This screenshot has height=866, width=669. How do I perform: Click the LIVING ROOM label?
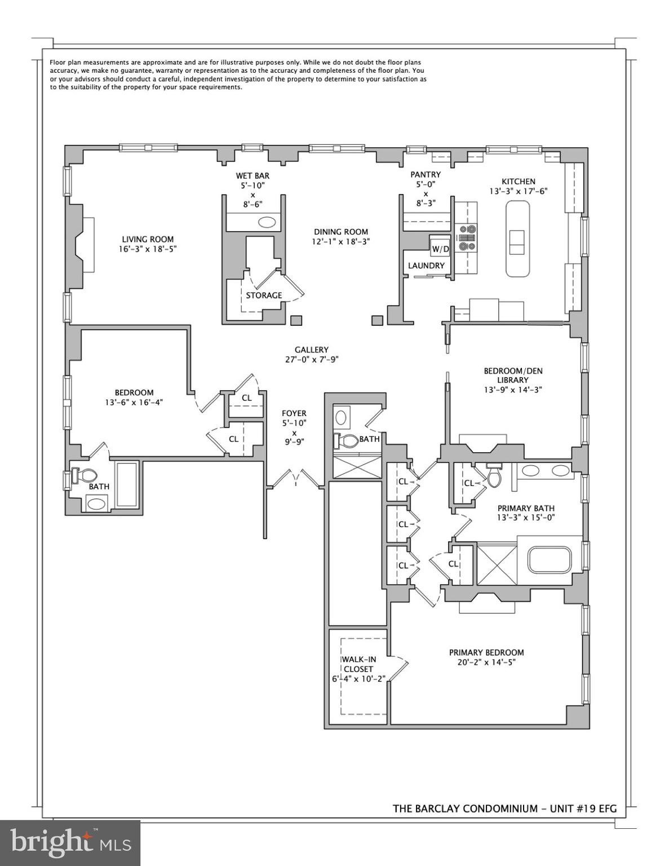pyautogui.click(x=148, y=239)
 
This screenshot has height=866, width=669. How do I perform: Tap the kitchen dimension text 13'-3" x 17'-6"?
pyautogui.click(x=518, y=191)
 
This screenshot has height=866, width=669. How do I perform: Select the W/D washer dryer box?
pyautogui.click(x=440, y=249)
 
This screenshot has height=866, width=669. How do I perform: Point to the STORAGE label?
pyautogui.click(x=264, y=295)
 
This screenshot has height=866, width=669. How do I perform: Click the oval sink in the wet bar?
pyautogui.click(x=267, y=222)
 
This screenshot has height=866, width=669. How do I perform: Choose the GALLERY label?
pyautogui.click(x=311, y=350)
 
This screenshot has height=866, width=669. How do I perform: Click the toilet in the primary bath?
pyautogui.click(x=494, y=477)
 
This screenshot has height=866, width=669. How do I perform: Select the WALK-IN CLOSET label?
pyautogui.click(x=358, y=664)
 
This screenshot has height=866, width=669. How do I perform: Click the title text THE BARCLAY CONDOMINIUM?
pyautogui.click(x=465, y=808)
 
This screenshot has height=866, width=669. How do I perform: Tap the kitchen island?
pyautogui.click(x=517, y=240)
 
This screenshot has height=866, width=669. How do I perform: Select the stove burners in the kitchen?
pyautogui.click(x=467, y=237)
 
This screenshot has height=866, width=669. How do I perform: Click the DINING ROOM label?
pyautogui.click(x=341, y=232)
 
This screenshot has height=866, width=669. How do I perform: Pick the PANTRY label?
pyautogui.click(x=426, y=175)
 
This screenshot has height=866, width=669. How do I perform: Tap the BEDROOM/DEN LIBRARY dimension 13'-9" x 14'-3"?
pyautogui.click(x=513, y=390)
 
